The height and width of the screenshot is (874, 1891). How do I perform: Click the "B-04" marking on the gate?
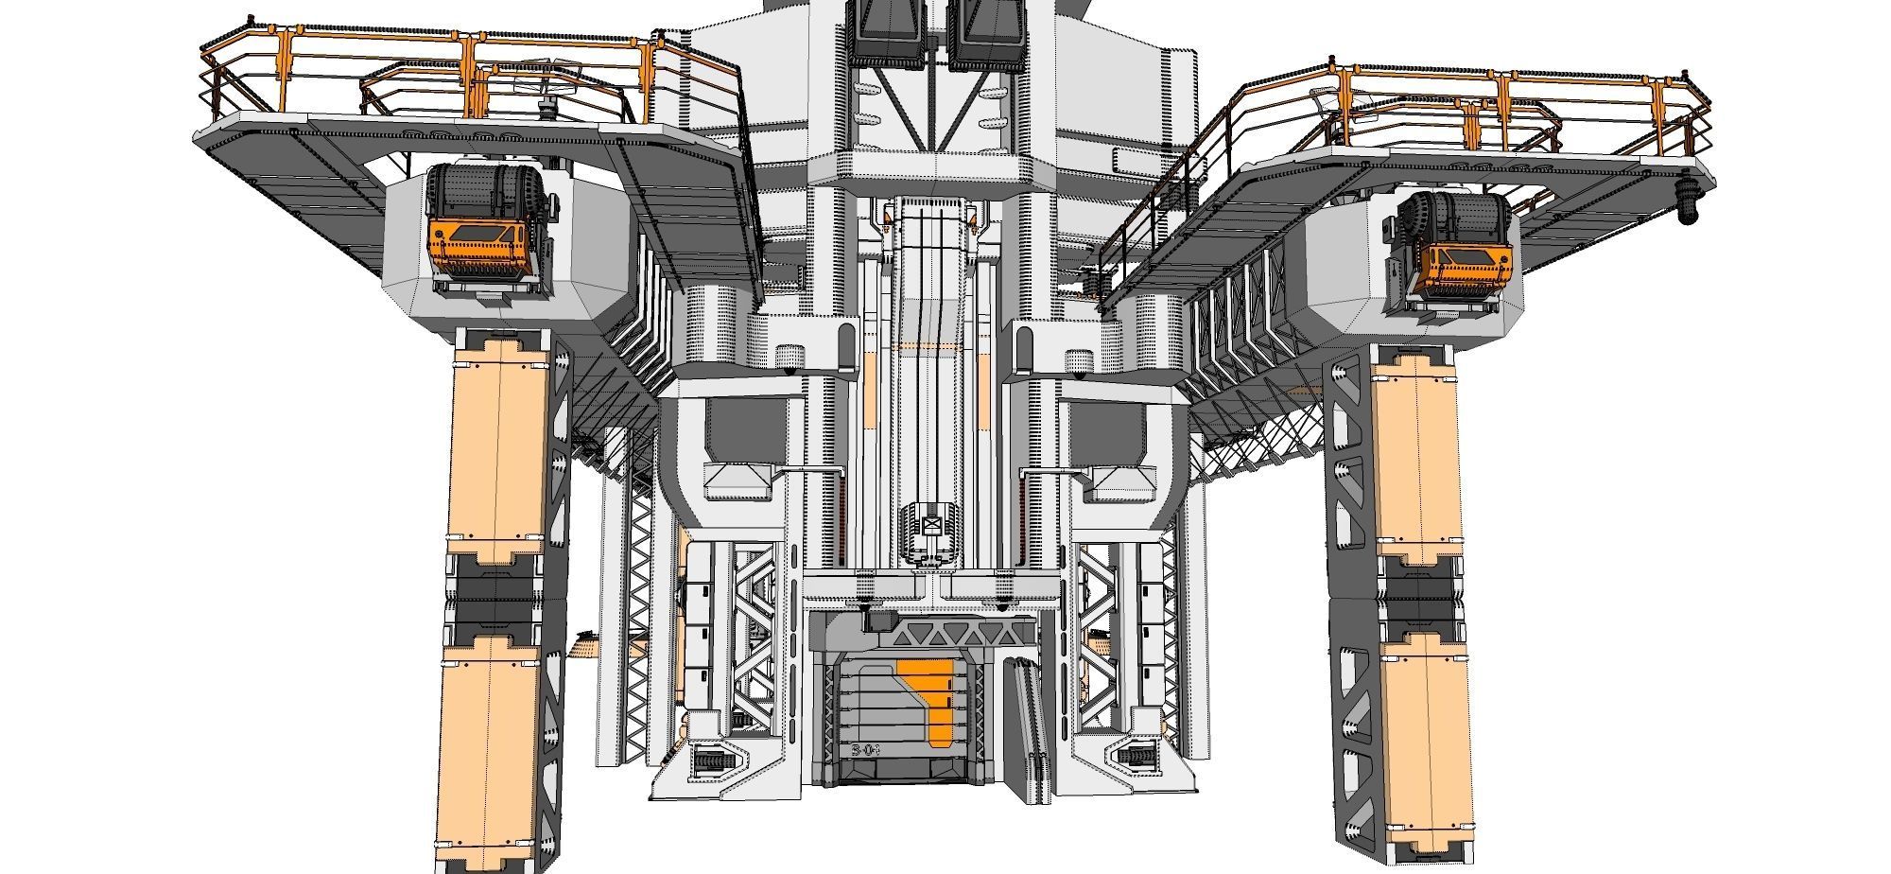(866, 750)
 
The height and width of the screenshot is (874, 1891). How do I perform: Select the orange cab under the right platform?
(1466, 264)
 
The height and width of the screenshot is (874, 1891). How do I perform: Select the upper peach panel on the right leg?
(1415, 459)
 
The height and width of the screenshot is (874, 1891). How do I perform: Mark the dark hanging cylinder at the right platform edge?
(1688, 203)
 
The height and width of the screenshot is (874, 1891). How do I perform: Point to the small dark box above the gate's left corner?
(880, 619)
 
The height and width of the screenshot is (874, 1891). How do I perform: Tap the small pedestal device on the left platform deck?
(546, 106)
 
